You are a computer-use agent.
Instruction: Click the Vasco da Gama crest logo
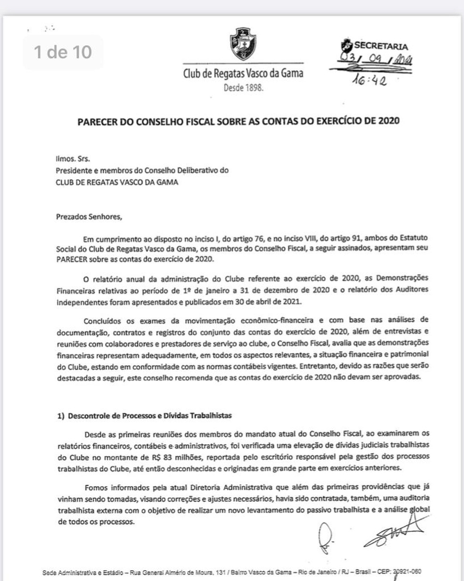pos(243,43)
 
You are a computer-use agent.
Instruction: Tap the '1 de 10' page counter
pos(63,52)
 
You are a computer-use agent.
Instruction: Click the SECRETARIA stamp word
pos(381,46)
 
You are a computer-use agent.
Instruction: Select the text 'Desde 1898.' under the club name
pos(243,87)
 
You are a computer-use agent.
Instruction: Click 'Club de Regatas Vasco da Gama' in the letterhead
pos(243,74)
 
